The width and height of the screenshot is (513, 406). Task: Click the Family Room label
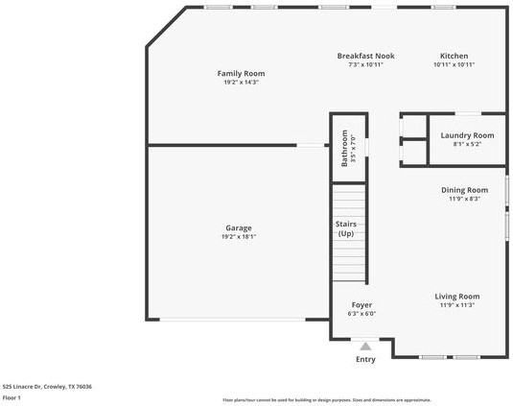tap(241, 73)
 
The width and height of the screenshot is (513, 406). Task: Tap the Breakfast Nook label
tap(365, 56)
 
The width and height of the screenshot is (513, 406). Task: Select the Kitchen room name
tap(454, 56)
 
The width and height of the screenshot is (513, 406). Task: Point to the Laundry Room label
tap(467, 135)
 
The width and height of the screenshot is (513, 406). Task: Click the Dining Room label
tap(464, 190)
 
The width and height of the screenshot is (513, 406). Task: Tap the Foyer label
tap(361, 304)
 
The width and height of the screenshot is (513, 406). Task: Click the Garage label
tap(239, 228)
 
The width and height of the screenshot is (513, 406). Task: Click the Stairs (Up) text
tap(346, 228)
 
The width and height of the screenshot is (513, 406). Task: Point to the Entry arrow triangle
tap(365, 346)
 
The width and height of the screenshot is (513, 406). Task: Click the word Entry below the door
tap(365, 359)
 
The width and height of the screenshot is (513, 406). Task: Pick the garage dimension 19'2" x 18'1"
tap(239, 237)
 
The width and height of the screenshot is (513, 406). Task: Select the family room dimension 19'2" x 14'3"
tap(241, 83)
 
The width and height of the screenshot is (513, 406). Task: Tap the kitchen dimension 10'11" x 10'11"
tap(454, 65)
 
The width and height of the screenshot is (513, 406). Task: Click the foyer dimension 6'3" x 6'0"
tap(361, 314)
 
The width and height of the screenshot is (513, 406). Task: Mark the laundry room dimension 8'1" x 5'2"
tap(467, 145)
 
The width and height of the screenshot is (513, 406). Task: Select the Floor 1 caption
tap(12, 396)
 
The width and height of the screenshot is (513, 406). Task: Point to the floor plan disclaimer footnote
tap(326, 399)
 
